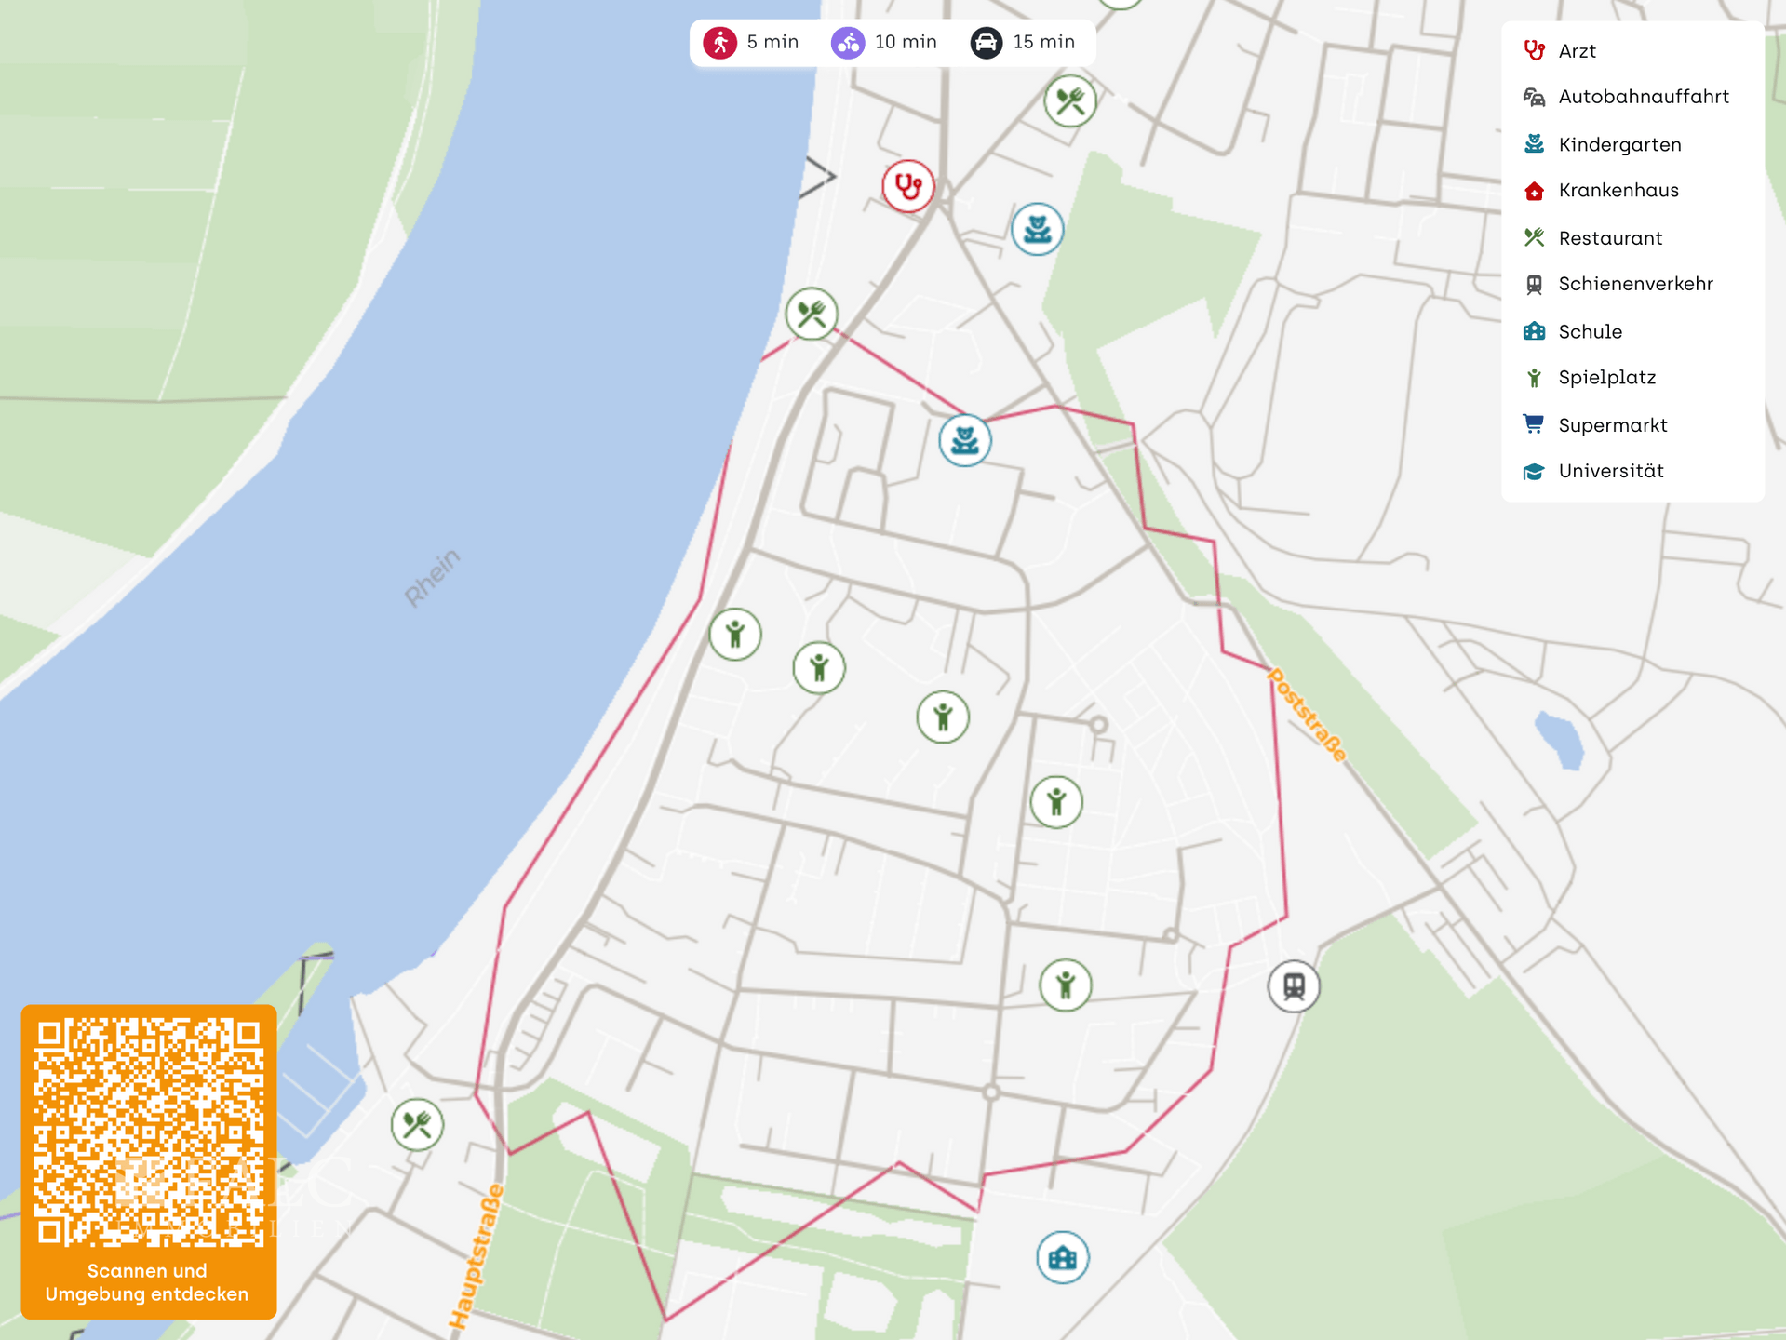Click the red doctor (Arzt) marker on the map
(907, 186)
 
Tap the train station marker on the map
(1294, 985)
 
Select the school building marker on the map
(1062, 1258)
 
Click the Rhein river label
(432, 578)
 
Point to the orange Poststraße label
(1308, 716)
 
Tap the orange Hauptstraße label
(476, 1256)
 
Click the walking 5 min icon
(720, 43)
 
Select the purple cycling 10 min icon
(848, 43)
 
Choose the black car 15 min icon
(987, 43)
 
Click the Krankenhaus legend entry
(1618, 191)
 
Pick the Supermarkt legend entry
(1612, 425)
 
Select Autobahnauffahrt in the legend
(1643, 97)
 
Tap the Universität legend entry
(1610, 471)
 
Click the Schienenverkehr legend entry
(1635, 284)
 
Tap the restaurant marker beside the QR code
(417, 1125)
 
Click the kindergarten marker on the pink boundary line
(965, 440)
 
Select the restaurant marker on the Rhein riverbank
(812, 314)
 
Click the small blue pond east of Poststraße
(1560, 740)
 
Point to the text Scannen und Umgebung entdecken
(147, 1282)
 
